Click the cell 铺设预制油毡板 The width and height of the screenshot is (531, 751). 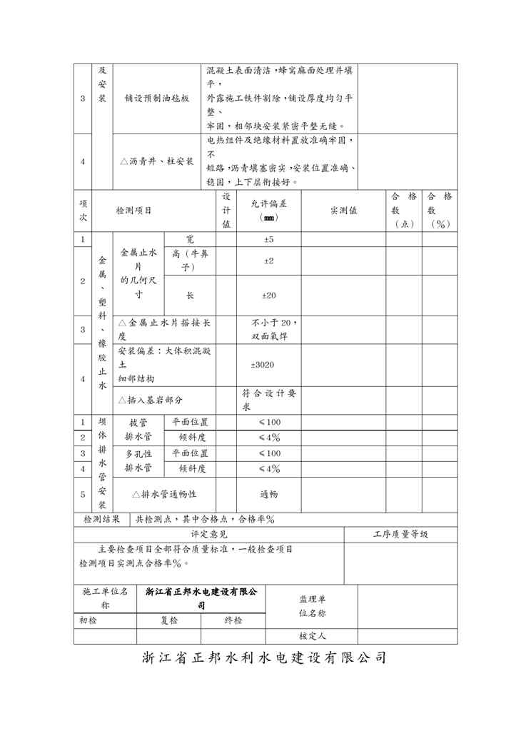pyautogui.click(x=156, y=99)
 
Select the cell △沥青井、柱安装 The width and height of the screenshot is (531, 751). pyautogui.click(x=156, y=161)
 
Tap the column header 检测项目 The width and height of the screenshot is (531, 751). pyautogui.click(x=133, y=210)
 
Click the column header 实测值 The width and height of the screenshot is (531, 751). pyautogui.click(x=343, y=210)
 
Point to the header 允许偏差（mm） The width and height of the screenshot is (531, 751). pyautogui.click(x=268, y=210)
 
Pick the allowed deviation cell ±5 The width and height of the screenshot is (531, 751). pyautogui.click(x=268, y=239)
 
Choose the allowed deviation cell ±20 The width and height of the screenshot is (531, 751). pyautogui.click(x=268, y=295)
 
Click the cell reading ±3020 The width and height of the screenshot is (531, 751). pyautogui.click(x=262, y=365)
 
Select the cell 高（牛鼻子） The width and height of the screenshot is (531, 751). pyautogui.click(x=189, y=261)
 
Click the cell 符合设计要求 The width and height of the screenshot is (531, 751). pyautogui.click(x=268, y=400)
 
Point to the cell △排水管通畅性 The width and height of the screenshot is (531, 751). pyautogui.click(x=164, y=494)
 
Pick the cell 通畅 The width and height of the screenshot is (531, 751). pyautogui.click(x=268, y=494)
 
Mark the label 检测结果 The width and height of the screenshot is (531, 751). pyautogui.click(x=102, y=519)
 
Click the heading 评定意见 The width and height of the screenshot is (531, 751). pyautogui.click(x=208, y=534)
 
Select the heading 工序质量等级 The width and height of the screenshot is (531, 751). pyautogui.click(x=400, y=534)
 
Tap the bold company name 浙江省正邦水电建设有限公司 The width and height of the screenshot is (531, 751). pyautogui.click(x=201, y=598)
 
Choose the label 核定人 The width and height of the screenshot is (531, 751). pyautogui.click(x=312, y=635)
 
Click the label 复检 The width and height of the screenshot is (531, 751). pyautogui.click(x=168, y=620)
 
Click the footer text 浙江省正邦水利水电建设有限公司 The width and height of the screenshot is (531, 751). pyautogui.click(x=265, y=658)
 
